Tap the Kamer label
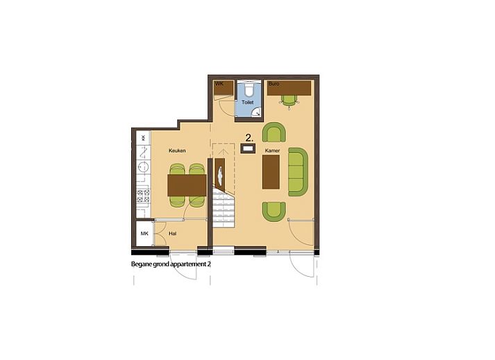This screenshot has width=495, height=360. pos(272,150)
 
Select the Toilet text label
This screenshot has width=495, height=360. pos(248,103)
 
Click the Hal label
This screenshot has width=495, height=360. pos(173,234)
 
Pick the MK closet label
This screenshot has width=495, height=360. pos(144,234)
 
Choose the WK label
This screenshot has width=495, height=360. pos(218,85)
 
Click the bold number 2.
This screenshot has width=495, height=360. pos(248,137)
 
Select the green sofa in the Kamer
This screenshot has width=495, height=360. pos(297,171)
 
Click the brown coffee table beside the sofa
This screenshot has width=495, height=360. pos(270,171)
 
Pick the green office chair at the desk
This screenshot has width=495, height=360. pos(289,100)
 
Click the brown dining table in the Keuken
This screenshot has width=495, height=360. pos(187,185)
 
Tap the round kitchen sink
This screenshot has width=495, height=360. pos(143,166)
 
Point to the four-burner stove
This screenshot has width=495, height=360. pos(143,196)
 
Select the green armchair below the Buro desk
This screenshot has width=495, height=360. pos(274,132)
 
